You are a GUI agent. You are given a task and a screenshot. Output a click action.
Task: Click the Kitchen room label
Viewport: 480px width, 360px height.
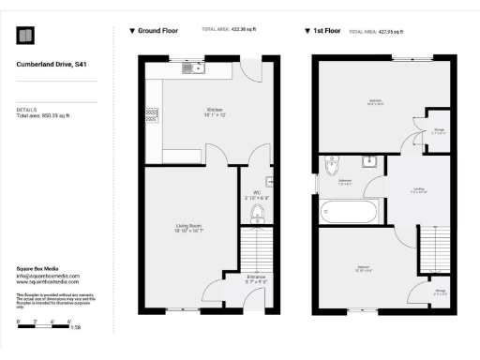pos(215,111)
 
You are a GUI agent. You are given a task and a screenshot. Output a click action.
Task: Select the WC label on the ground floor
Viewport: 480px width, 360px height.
pos(256,195)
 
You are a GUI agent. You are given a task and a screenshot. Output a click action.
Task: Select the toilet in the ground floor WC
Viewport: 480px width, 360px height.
pos(258,216)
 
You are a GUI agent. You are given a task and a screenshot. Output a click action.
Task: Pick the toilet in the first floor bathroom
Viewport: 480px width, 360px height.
pos(332,169)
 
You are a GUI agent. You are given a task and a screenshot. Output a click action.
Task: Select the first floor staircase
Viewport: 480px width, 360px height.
pos(432,252)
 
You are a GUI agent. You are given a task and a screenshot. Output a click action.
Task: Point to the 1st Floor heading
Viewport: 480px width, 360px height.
pos(324,31)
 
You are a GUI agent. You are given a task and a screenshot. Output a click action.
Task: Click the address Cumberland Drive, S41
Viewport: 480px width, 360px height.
pos(52,65)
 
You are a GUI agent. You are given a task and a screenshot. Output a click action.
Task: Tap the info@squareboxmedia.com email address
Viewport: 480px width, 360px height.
pos(48,276)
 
